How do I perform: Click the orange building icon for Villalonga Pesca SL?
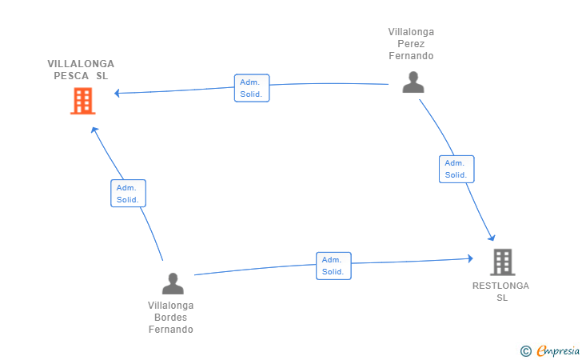tap(82, 101)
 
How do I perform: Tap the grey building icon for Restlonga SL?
tap(502, 262)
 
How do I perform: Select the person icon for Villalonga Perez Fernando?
tap(413, 82)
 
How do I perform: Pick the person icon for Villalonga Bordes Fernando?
tap(173, 283)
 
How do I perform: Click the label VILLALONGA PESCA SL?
tap(81, 70)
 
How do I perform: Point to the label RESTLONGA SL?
tap(501, 291)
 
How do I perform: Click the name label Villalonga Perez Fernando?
tap(411, 44)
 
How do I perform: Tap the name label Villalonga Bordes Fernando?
tap(171, 318)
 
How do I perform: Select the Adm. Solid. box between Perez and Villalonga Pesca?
tap(252, 88)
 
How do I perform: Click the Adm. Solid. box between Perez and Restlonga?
tap(456, 169)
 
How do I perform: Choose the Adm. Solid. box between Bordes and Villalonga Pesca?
tap(128, 193)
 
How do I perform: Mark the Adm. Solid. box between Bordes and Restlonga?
tap(333, 266)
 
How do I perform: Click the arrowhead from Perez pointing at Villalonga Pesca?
tap(118, 94)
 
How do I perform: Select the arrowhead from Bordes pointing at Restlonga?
tap(470, 258)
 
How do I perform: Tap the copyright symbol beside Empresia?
tap(525, 350)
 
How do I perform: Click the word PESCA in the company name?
tap(70, 76)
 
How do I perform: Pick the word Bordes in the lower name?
tap(171, 318)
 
